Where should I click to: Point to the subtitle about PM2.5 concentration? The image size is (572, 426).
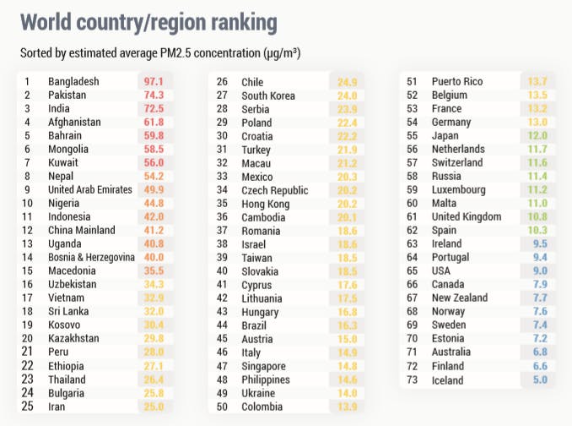[x=161, y=53]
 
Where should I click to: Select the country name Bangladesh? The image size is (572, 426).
[x=73, y=82]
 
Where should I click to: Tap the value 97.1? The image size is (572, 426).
[x=154, y=82]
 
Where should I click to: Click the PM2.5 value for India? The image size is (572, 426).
[x=154, y=109]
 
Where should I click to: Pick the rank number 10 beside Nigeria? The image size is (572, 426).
[x=28, y=203]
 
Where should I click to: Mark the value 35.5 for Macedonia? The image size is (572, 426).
[x=154, y=270]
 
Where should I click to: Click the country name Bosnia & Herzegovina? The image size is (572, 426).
[x=92, y=257]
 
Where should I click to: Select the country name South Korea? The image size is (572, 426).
[x=268, y=96]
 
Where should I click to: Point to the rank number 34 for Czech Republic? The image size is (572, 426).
[x=223, y=190]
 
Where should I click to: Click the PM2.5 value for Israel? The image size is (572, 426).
[x=348, y=243]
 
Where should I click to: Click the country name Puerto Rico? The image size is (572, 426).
[x=456, y=82]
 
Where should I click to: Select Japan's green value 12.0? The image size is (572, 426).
[x=537, y=135]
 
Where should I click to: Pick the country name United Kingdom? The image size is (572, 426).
[x=469, y=216]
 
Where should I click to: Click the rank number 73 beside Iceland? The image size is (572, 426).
[x=413, y=380]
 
